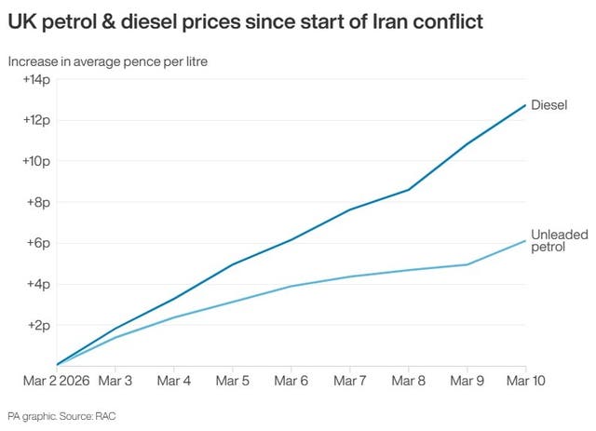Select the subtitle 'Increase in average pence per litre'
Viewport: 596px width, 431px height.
point(107,61)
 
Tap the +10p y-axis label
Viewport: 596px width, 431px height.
point(35,161)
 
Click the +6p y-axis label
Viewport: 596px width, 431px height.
point(38,243)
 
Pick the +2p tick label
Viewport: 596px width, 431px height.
point(38,325)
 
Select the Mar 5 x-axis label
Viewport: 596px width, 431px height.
point(233,382)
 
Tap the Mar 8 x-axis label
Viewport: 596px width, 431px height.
point(409,382)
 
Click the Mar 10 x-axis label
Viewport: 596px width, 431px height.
point(525,382)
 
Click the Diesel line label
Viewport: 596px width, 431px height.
point(549,105)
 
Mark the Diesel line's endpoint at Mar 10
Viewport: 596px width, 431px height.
point(525,104)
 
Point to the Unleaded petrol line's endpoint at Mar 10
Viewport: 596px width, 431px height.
point(525,240)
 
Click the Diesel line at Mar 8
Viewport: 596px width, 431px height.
point(409,190)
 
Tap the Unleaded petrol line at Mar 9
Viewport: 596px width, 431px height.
point(467,264)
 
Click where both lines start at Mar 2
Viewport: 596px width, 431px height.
point(58,365)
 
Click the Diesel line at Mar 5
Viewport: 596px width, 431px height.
point(233,264)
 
